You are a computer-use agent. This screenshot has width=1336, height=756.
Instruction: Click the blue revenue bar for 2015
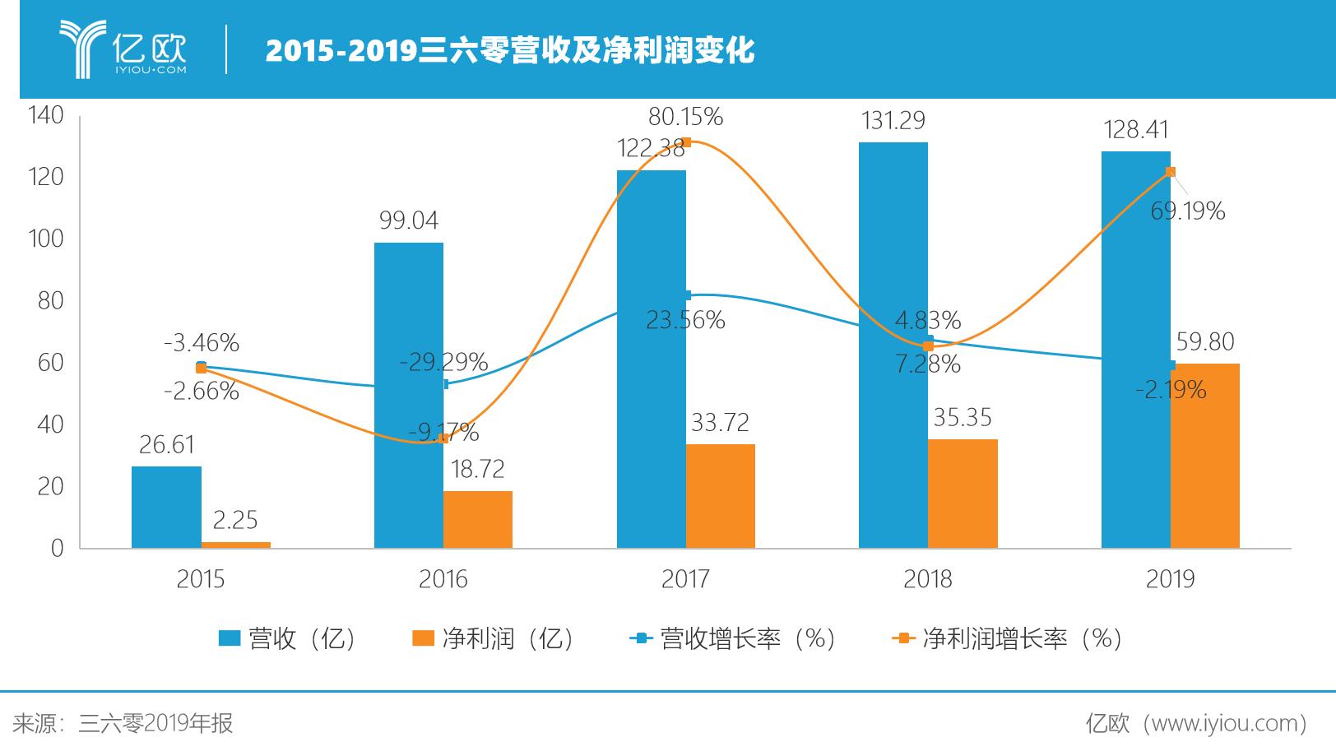coord(166,507)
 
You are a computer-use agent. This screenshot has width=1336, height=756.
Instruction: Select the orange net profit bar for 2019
coord(1204,456)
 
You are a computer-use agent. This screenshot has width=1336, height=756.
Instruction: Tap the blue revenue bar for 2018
coord(893,346)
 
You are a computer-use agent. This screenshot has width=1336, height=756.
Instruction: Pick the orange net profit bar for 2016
coord(477,519)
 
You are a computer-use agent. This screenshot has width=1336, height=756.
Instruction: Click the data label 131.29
coord(893,121)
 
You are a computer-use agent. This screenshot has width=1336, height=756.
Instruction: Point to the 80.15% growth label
coord(684,117)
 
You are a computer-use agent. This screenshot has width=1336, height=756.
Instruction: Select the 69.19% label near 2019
coord(1187,211)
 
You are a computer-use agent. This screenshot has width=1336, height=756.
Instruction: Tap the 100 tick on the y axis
coord(45,239)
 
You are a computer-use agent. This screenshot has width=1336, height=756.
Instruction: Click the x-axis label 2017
coord(684,579)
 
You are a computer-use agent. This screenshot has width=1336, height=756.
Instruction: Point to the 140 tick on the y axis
coord(45,115)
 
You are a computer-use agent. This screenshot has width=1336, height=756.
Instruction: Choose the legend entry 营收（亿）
coord(288,638)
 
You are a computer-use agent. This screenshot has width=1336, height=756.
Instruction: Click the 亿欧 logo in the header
coord(123,49)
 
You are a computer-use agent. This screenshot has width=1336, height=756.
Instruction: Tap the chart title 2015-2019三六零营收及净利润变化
coord(509,51)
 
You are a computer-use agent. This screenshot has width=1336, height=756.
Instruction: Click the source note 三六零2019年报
coord(155,723)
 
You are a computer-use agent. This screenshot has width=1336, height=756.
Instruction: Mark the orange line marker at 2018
coord(928,346)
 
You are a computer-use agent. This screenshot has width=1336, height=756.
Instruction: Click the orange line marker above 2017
coord(686,142)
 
